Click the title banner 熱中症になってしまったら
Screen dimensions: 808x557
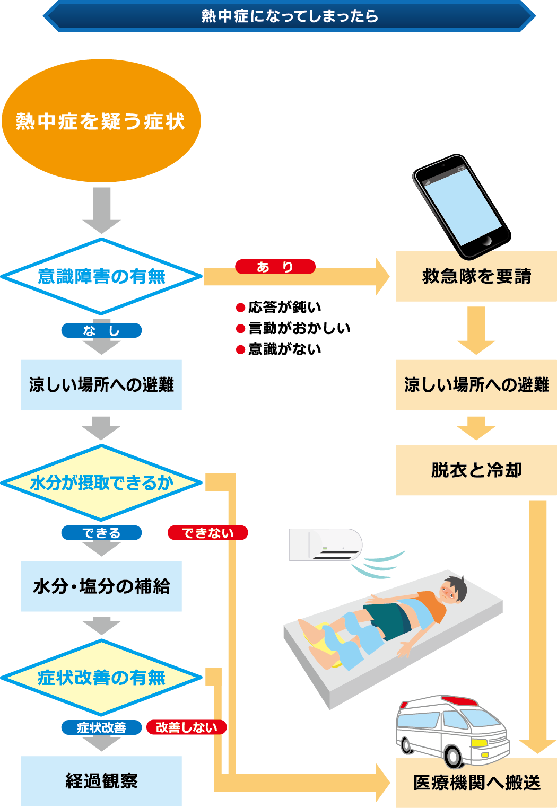[x=289, y=16]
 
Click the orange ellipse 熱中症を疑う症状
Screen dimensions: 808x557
[x=101, y=121]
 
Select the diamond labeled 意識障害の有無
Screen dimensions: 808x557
[x=101, y=276]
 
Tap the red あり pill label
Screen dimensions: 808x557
[x=275, y=267]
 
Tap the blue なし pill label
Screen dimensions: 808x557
[x=101, y=331]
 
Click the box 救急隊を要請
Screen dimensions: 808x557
[x=476, y=276]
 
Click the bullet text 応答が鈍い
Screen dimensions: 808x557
[x=284, y=307]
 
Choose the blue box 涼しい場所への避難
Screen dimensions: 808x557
[x=101, y=385]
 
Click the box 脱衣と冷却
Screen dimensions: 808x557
[x=476, y=470]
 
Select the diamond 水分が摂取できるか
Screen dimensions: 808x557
[x=101, y=482]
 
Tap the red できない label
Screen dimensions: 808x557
[x=207, y=533]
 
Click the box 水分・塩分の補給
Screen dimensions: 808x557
[x=101, y=586]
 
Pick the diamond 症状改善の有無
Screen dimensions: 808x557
[x=101, y=678]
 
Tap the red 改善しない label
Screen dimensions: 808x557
[x=186, y=727]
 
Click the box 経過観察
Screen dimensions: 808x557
[x=101, y=781]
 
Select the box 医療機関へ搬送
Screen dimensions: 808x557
[x=476, y=783]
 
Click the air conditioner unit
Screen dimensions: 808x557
[x=325, y=544]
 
